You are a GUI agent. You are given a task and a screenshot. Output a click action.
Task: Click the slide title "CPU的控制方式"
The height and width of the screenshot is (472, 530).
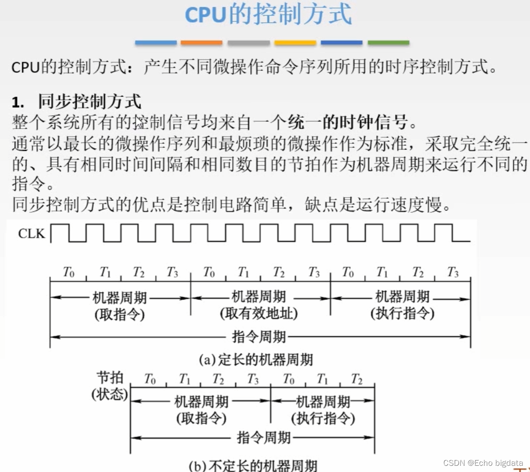[x=268, y=15]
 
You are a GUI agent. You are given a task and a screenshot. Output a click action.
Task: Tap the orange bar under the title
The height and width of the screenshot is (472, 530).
[x=201, y=43]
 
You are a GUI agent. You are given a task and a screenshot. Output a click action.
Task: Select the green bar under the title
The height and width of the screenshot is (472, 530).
[x=388, y=43]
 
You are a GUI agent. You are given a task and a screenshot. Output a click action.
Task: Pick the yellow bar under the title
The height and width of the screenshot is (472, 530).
[x=295, y=43]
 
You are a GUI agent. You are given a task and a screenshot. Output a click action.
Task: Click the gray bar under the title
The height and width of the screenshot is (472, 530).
[x=248, y=43]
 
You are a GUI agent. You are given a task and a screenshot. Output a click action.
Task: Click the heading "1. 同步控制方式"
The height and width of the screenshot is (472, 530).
[x=76, y=101]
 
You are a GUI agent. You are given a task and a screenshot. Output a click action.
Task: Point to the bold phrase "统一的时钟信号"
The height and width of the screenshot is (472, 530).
[x=348, y=122]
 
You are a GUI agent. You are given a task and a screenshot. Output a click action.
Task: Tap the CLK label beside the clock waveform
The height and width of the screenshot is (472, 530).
[x=31, y=234]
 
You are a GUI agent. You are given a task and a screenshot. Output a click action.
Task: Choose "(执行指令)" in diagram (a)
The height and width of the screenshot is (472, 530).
[x=402, y=313]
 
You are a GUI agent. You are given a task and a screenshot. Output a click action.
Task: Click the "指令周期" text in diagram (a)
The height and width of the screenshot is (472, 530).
[x=259, y=337]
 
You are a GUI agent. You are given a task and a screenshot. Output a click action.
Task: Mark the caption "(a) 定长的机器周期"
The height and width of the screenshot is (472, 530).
[x=255, y=359]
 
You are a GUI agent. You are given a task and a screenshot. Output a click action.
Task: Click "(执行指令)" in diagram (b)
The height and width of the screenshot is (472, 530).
[x=323, y=418]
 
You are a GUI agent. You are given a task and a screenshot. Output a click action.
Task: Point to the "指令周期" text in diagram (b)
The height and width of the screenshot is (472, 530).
[x=264, y=437]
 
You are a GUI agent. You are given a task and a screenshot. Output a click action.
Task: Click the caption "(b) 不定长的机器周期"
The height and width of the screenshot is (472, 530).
[x=253, y=465]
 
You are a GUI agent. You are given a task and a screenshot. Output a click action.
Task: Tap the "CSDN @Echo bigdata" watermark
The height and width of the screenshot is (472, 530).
[x=483, y=462]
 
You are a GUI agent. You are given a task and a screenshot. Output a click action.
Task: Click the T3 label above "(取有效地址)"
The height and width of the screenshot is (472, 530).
[x=314, y=272]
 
